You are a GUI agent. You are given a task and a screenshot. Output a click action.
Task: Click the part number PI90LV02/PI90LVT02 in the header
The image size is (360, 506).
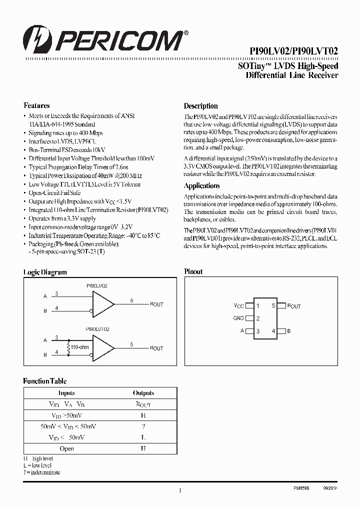[293, 51]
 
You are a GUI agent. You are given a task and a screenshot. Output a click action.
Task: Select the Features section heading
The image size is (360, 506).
[36, 106]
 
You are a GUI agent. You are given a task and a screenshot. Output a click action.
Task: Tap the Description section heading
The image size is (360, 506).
[200, 106]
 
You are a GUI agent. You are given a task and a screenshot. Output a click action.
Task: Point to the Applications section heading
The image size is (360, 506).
[201, 185]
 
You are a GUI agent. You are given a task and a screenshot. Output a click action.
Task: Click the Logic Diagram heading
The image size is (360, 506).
[45, 272]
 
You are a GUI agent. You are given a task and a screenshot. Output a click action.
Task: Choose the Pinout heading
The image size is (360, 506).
[193, 271]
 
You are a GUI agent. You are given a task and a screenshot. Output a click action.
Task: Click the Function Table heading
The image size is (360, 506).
[44, 381]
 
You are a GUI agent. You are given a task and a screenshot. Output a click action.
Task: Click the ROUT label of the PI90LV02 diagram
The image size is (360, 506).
[156, 304]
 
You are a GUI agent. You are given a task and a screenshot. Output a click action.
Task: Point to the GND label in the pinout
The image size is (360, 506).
[238, 318]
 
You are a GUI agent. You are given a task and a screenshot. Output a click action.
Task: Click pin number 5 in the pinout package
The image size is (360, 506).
[273, 305]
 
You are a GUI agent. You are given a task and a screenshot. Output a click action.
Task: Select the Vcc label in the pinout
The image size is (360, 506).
[238, 305]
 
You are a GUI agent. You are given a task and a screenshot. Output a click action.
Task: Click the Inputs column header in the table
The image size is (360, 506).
[66, 393]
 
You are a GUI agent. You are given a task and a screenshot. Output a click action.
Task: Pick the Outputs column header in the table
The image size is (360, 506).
[143, 393]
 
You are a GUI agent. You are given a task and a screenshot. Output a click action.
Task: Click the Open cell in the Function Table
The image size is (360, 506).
[66, 448]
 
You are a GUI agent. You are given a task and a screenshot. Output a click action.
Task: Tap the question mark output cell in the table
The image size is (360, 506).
[143, 426]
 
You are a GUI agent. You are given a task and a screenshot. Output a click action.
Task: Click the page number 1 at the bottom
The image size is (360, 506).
[179, 491]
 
